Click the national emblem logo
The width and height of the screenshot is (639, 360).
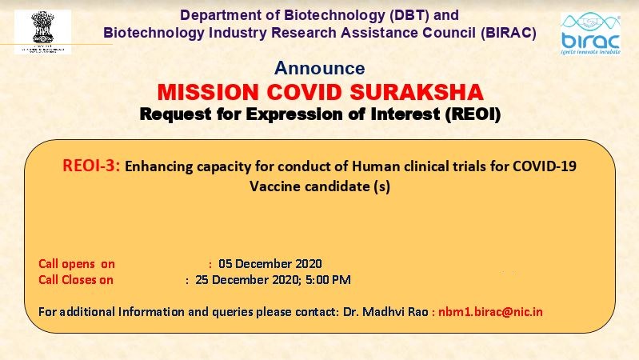tap(43, 32)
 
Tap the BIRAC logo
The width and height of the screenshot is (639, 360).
tap(590, 34)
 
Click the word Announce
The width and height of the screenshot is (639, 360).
tap(320, 68)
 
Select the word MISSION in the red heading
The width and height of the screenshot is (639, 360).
tap(208, 92)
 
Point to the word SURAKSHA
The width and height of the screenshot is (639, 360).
tap(417, 92)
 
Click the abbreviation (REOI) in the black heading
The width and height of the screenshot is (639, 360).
tap(473, 114)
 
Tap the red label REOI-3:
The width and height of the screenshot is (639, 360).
tap(91, 166)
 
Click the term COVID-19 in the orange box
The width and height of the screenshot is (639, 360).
tap(545, 166)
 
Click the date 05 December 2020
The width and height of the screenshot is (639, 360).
tap(270, 264)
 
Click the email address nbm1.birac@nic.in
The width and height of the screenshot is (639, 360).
tap(491, 312)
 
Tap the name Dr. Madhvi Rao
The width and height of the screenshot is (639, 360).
tap(385, 312)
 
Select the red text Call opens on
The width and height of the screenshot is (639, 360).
tap(77, 264)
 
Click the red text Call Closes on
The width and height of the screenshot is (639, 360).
tap(76, 280)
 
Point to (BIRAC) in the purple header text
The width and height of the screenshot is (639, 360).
tap(509, 33)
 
